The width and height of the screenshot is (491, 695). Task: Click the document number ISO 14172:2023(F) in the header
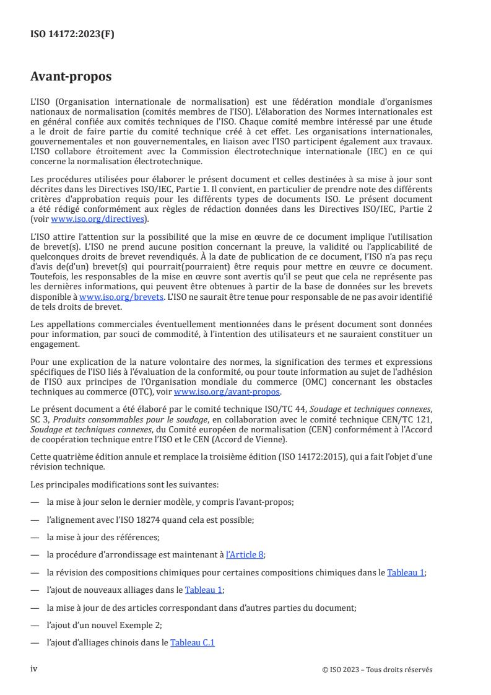[x=72, y=35]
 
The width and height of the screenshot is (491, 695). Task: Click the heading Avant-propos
[x=71, y=77]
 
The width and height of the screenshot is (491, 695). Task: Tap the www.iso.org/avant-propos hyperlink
[x=227, y=392]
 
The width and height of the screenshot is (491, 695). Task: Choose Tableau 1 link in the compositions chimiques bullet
[x=406, y=572]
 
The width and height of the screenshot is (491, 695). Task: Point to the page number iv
[x=35, y=669]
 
